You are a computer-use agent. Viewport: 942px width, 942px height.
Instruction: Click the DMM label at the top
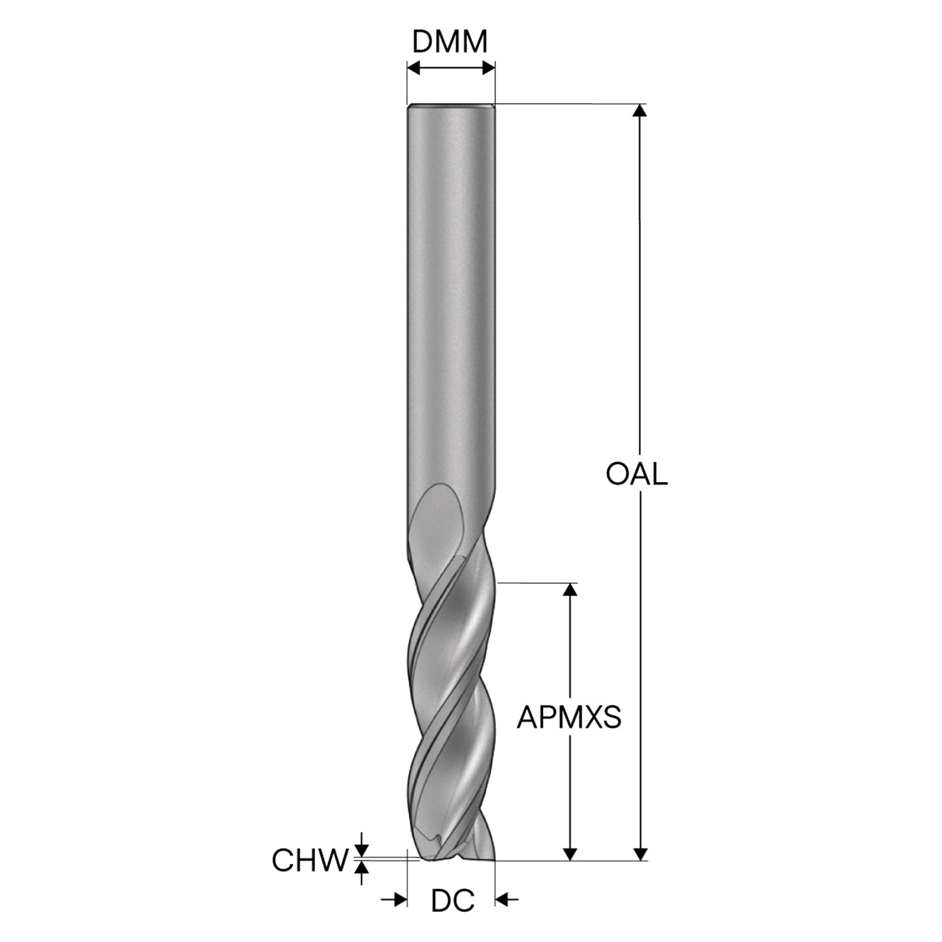(450, 42)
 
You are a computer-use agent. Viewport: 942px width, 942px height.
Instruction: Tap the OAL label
(637, 474)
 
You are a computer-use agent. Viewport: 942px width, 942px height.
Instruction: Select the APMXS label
(569, 718)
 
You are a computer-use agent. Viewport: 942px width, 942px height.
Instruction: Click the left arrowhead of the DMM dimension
(414, 68)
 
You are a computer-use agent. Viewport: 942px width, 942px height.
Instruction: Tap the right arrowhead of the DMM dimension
(489, 68)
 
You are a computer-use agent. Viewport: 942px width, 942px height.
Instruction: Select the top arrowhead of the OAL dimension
(640, 110)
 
